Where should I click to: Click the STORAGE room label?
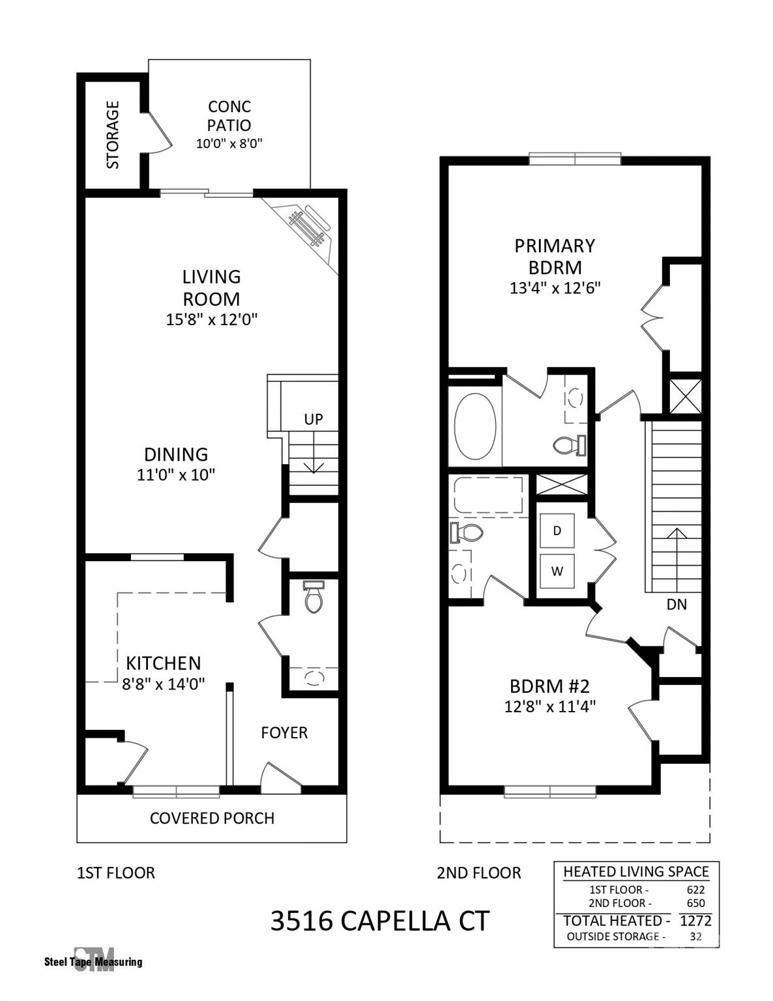[113, 134]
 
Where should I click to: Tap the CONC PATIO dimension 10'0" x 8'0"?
[229, 143]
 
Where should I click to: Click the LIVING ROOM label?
[211, 287]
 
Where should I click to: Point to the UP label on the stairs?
[314, 419]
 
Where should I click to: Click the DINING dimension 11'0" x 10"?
[176, 474]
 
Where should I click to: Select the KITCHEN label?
[163, 663]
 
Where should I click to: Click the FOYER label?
[284, 733]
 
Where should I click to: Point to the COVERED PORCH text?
[212, 818]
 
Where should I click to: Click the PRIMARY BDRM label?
[555, 256]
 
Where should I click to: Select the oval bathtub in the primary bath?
[475, 427]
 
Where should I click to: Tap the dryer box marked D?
[557, 530]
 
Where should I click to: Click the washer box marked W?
[557, 572]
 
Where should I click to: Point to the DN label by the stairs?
[677, 604]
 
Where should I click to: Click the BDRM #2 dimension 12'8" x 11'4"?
[550, 706]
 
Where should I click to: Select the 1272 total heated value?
[695, 920]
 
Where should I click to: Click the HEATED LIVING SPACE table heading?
[636, 871]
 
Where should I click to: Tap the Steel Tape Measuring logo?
[93, 960]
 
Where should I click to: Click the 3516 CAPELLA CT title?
[379, 921]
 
